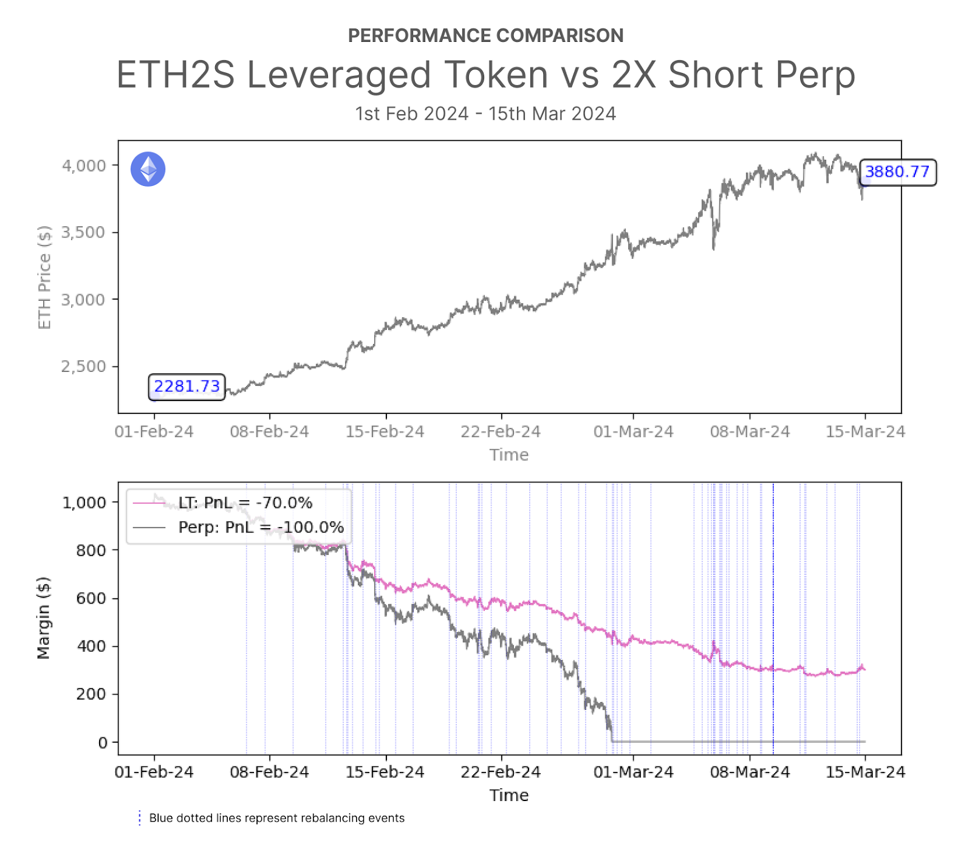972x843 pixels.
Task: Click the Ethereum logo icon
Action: (x=148, y=169)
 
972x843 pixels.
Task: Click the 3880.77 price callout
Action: (x=897, y=172)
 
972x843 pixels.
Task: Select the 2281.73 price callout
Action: (x=187, y=387)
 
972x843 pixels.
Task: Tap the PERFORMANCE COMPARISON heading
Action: (x=485, y=36)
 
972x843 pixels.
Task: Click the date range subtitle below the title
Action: (x=485, y=114)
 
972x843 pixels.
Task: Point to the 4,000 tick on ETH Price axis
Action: (x=84, y=165)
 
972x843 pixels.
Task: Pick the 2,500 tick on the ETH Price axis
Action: (x=84, y=366)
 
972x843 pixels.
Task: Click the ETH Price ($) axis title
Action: (x=44, y=277)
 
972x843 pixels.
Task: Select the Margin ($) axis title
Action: (x=43, y=618)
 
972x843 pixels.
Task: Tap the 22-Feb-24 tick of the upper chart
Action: (x=501, y=432)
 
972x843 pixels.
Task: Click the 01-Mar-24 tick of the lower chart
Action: (x=633, y=772)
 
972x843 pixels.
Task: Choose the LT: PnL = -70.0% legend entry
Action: (x=245, y=503)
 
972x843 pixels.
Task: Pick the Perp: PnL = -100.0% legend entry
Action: (x=261, y=527)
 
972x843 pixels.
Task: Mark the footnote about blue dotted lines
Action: (x=276, y=818)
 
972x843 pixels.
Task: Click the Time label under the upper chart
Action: (x=509, y=455)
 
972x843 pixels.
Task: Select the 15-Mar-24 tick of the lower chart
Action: (x=865, y=772)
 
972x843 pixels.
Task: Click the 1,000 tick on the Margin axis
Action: (x=84, y=503)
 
